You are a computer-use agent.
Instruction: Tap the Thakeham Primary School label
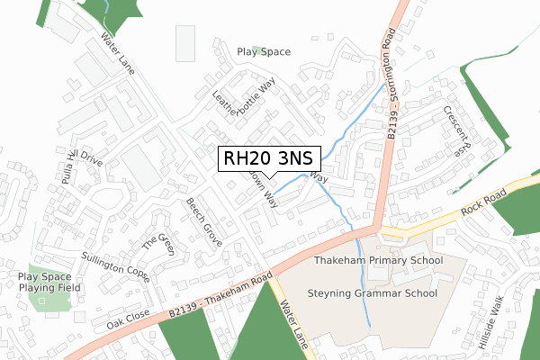pyautogui.click(x=378, y=261)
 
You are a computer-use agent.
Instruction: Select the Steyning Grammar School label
pyautogui.click(x=372, y=293)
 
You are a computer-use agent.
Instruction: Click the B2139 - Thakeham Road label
pyautogui.click(x=220, y=290)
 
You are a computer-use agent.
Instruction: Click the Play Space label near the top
pyautogui.click(x=264, y=52)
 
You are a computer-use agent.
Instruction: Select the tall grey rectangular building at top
pyautogui.click(x=184, y=43)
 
